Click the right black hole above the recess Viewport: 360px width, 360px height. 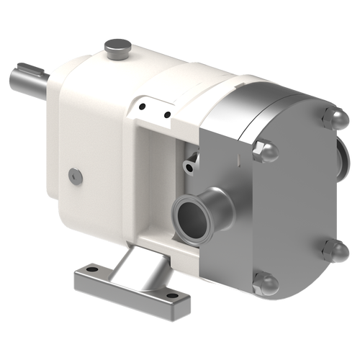(x=167, y=113)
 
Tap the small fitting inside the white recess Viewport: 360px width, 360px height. (x=189, y=165)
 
